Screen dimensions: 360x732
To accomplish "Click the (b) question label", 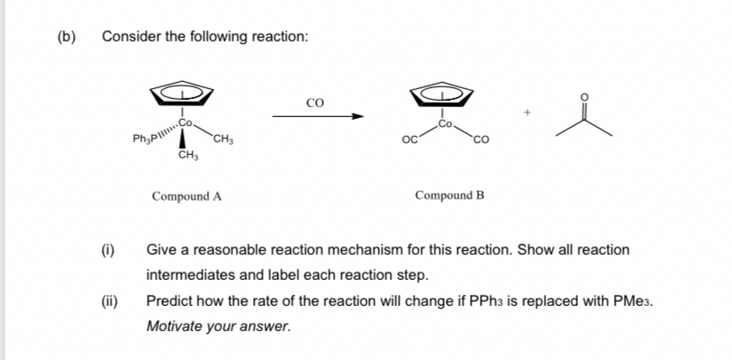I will (66, 37).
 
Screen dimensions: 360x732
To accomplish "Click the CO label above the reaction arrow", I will (315, 102).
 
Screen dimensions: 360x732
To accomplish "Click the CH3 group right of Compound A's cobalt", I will (225, 139).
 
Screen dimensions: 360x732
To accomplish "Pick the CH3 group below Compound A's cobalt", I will (187, 157).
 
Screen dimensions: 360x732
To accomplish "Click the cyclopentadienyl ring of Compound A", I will (183, 94).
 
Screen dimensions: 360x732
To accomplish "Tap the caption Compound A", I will (186, 196).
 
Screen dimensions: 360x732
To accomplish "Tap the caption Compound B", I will (449, 195).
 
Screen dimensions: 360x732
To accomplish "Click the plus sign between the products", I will (529, 112).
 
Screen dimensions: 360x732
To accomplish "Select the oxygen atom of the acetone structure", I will (585, 94).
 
